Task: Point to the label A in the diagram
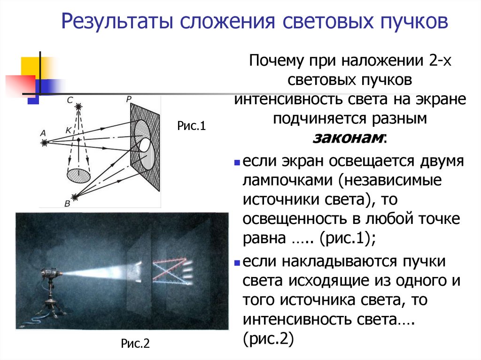43,133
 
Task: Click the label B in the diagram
67,203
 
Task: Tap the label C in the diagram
70,100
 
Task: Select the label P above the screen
129,99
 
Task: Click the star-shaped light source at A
45,142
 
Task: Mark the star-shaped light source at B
73,196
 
